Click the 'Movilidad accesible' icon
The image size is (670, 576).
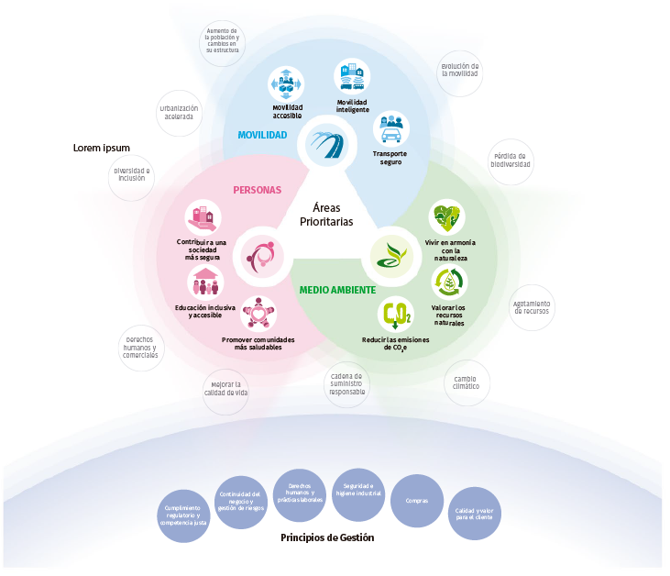click(286, 84)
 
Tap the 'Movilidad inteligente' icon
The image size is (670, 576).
click(352, 77)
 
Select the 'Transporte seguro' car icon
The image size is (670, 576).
click(390, 129)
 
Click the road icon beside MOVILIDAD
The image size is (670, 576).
click(326, 143)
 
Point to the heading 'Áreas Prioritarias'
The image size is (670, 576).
click(326, 215)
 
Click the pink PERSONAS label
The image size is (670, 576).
click(258, 191)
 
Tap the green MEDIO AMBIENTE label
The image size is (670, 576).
click(337, 290)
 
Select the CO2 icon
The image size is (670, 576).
click(396, 316)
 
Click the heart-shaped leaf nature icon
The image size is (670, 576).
click(447, 218)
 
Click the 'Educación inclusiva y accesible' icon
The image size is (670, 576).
click(205, 282)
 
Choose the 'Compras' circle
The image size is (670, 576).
click(417, 501)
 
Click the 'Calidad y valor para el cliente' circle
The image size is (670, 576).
click(475, 513)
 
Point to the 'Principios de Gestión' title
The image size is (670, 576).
click(327, 537)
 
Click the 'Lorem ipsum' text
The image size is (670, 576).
click(102, 148)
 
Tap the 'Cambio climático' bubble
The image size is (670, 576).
click(466, 382)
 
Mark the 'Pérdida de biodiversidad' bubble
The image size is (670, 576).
click(511, 161)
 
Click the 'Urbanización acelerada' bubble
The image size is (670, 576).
click(180, 113)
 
